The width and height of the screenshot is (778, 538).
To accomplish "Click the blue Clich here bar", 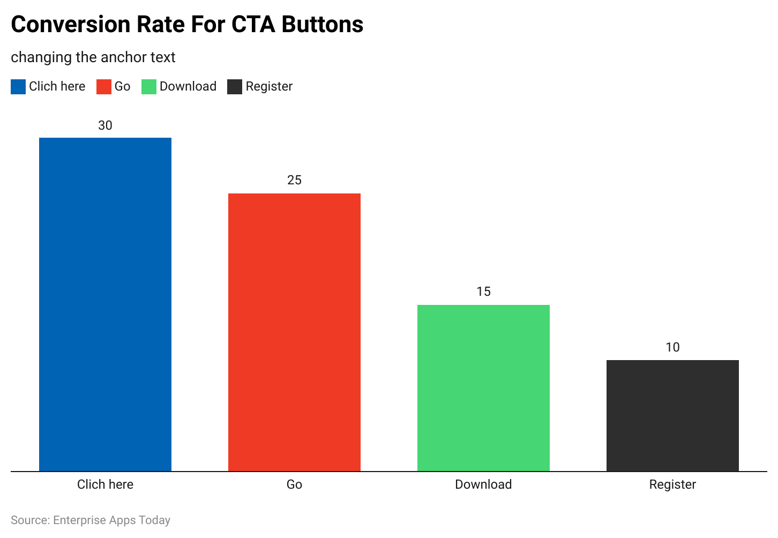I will click(x=105, y=304).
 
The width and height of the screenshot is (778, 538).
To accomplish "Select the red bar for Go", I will click(x=294, y=332).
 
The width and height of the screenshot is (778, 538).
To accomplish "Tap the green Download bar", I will click(x=483, y=388).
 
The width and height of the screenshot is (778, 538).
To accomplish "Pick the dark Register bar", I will click(x=672, y=416).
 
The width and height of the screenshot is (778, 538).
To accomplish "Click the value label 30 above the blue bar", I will click(x=105, y=125).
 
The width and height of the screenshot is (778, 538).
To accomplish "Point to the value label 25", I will click(x=294, y=180).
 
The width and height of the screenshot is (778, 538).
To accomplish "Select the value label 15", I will click(x=483, y=292).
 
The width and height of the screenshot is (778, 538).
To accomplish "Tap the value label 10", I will click(x=672, y=347).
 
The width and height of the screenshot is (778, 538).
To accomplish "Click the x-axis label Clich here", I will click(x=105, y=484).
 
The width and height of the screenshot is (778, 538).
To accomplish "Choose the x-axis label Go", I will click(x=294, y=484).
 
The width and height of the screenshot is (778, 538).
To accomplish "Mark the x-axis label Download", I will click(x=483, y=484).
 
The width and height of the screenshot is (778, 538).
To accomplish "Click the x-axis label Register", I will click(x=672, y=484).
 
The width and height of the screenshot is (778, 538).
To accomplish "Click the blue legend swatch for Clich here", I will click(x=18, y=87).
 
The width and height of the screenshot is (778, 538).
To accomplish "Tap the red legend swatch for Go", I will click(x=103, y=87).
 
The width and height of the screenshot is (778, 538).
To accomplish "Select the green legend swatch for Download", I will click(x=148, y=87).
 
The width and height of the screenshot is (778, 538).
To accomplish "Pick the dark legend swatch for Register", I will click(x=235, y=87).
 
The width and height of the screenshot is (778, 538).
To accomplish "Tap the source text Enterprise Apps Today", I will click(x=111, y=520).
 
